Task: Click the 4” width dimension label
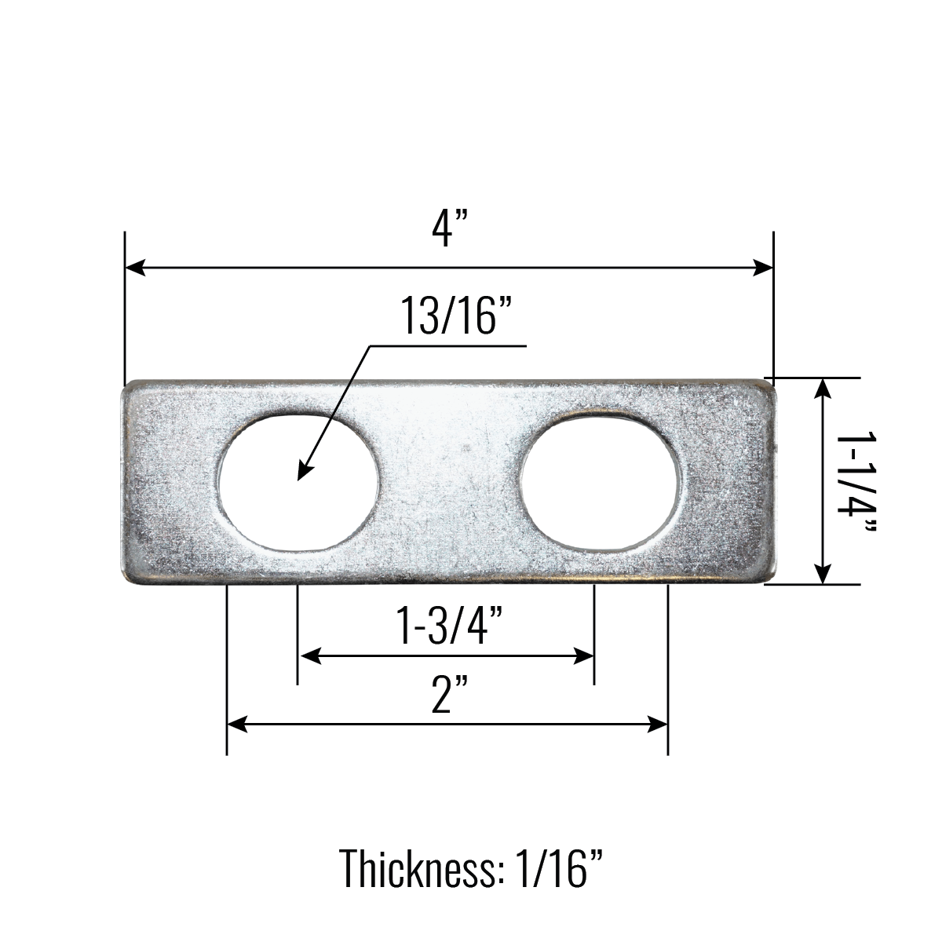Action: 449,229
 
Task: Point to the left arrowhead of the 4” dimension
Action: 133,268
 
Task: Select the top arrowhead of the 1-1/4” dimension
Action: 822,386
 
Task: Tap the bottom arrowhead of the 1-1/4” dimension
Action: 822,576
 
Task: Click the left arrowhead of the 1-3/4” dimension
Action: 308,655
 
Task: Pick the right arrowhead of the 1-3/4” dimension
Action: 586,655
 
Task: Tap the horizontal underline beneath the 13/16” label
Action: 447,345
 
